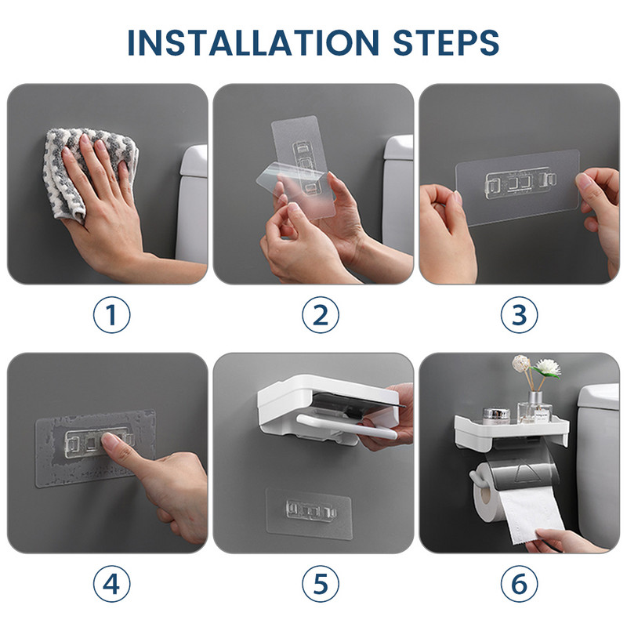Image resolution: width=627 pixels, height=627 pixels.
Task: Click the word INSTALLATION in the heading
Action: pos(253,42)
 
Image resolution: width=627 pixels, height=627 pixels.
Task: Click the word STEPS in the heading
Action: pos(446,42)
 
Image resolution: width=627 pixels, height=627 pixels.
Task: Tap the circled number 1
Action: pos(111,315)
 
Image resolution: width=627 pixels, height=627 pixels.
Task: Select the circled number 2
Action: pos(321,315)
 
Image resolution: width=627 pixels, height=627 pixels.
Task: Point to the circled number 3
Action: pos(519,315)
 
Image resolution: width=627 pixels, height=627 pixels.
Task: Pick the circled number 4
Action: pos(111,584)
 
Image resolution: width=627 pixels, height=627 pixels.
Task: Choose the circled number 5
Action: pos(321,584)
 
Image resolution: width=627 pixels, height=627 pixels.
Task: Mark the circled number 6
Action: pos(519,584)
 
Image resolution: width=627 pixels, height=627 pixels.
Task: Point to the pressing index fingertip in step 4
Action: pos(108,440)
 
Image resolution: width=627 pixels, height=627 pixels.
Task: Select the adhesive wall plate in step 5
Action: pos(309,513)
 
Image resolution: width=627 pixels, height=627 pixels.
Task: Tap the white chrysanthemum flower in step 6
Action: pos(547,368)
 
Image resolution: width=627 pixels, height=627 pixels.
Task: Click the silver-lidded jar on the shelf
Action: pos(496,415)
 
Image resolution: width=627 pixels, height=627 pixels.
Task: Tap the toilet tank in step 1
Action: pos(191,204)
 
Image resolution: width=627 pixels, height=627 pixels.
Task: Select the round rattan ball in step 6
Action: pos(520,364)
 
